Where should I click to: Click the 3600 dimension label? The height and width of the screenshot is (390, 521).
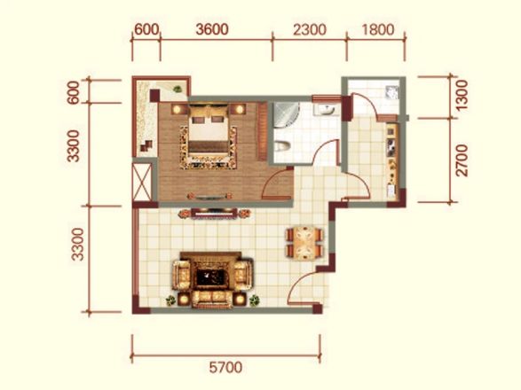click(x=212, y=29)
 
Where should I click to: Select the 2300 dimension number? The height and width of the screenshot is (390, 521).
click(x=310, y=29)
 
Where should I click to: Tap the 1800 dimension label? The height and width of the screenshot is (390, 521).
click(x=378, y=29)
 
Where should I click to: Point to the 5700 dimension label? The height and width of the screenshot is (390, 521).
click(x=226, y=368)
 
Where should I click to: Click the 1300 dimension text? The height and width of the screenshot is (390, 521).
click(x=462, y=95)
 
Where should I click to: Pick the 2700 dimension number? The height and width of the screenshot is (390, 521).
click(x=462, y=160)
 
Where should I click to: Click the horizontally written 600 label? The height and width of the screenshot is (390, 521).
click(x=146, y=29)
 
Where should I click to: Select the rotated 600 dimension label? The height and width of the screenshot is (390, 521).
click(x=74, y=92)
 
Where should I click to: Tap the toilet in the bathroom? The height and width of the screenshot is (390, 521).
click(x=282, y=146)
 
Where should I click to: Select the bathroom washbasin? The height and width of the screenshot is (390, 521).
click(x=327, y=109)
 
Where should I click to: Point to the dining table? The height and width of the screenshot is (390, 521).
click(x=304, y=243)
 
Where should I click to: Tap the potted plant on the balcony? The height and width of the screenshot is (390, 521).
click(x=178, y=89)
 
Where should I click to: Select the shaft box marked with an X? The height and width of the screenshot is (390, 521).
click(x=142, y=182)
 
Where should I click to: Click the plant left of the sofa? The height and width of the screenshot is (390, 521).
click(x=170, y=300)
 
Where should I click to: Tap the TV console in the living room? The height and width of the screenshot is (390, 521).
click(x=214, y=214)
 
